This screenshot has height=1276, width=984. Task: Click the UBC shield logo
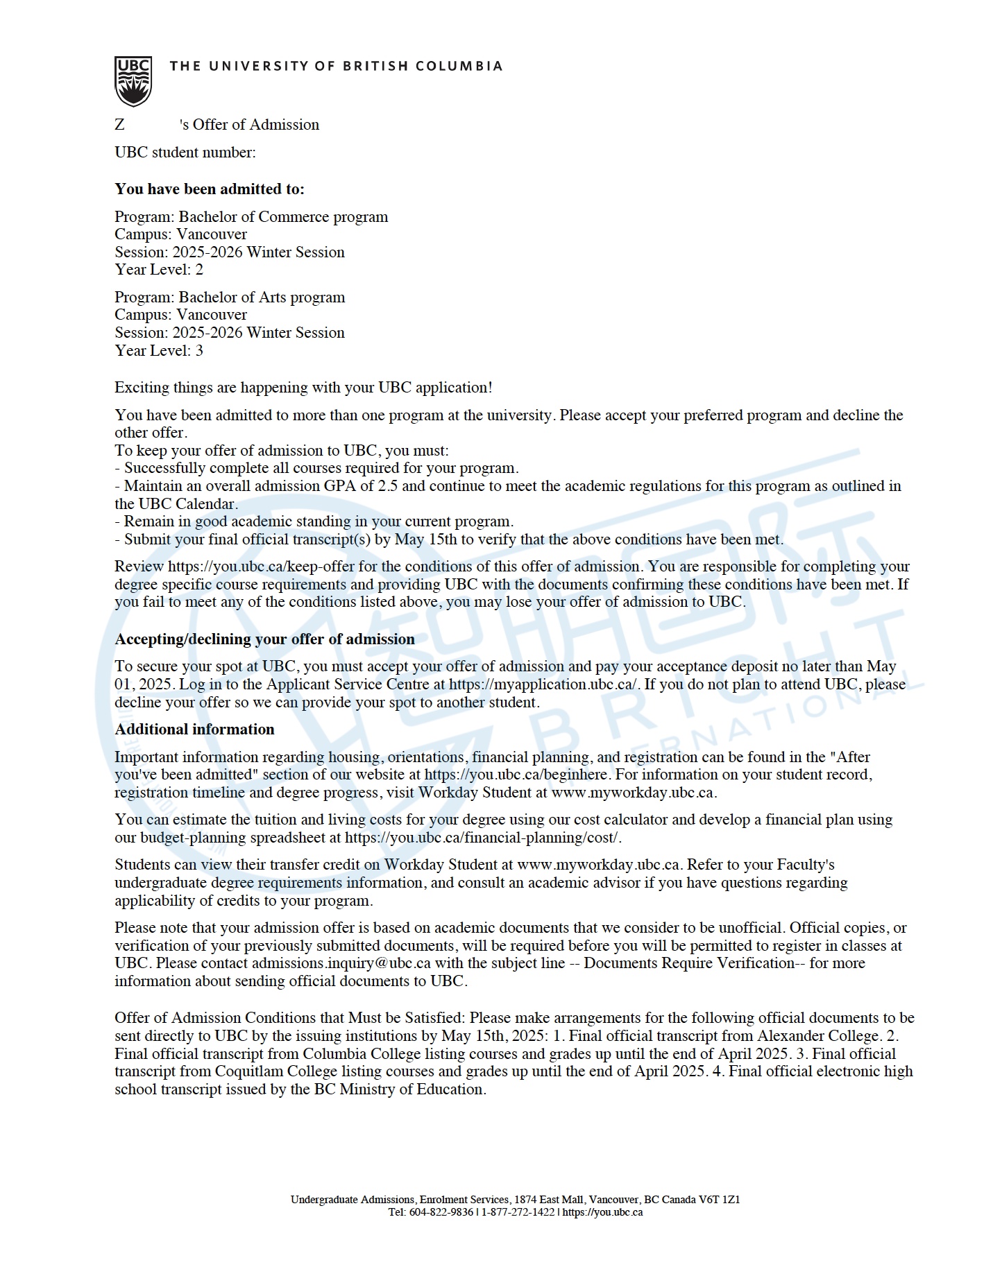[x=133, y=80]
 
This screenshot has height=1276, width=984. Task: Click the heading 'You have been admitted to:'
[x=210, y=189]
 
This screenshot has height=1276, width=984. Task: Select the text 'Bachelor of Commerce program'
[x=283, y=217]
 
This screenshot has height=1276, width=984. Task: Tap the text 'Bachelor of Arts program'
[x=262, y=298]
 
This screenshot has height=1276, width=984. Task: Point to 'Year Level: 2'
[x=159, y=270]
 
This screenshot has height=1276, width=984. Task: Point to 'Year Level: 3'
[x=159, y=351]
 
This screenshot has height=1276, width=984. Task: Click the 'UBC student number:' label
[x=185, y=153]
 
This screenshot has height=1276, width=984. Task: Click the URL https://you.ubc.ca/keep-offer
[x=262, y=567]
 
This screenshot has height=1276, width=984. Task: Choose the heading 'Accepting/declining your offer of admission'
[x=264, y=639]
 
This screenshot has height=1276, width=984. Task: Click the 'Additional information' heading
[x=194, y=730]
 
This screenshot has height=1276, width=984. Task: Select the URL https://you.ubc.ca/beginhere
[x=516, y=775]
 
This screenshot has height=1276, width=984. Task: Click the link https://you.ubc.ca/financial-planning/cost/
[x=482, y=838]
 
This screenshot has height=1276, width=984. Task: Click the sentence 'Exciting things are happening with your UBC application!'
[x=303, y=388]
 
